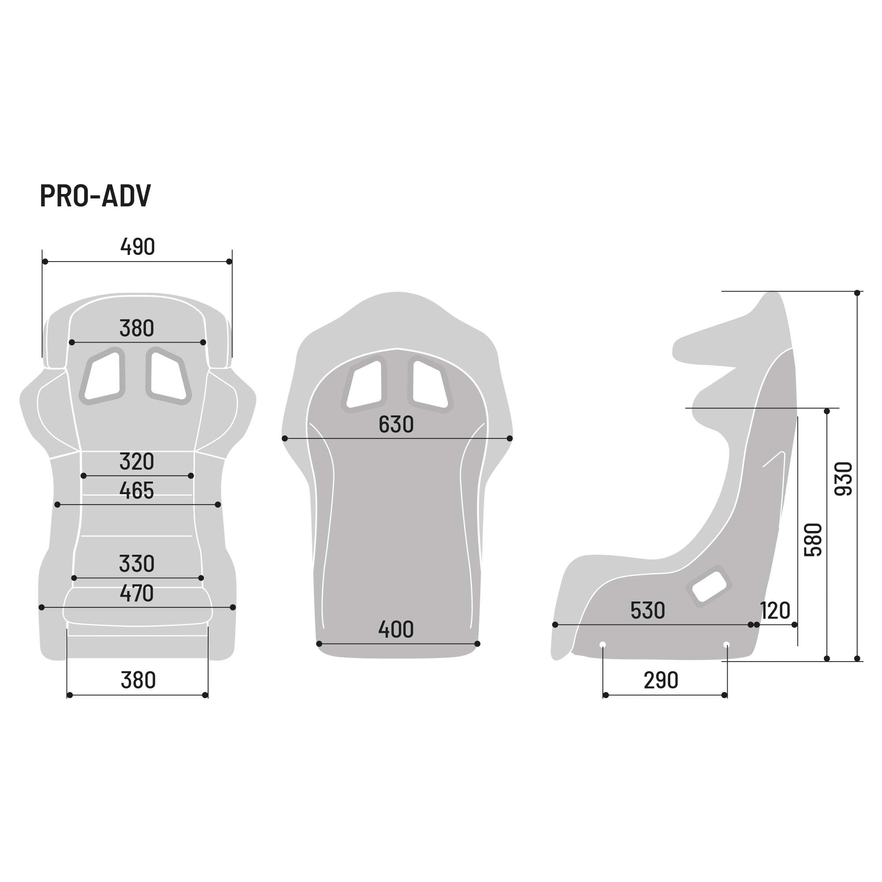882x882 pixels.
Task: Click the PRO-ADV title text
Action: point(95,196)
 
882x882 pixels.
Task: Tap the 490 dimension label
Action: point(138,247)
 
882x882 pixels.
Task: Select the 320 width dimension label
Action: point(137,462)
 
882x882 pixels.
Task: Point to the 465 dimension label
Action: point(137,491)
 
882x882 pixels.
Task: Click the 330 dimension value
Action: point(137,564)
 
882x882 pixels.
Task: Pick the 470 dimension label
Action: point(137,593)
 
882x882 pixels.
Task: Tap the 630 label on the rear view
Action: point(396,425)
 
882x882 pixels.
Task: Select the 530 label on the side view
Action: point(647,610)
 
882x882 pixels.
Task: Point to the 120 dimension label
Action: point(775,610)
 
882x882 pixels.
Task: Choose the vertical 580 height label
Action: point(813,540)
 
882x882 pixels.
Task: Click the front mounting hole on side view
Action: point(602,645)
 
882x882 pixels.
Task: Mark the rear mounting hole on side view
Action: point(727,645)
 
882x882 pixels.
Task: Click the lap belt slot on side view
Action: point(709,587)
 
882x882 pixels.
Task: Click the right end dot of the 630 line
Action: point(510,438)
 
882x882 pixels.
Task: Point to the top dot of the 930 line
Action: point(857,293)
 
